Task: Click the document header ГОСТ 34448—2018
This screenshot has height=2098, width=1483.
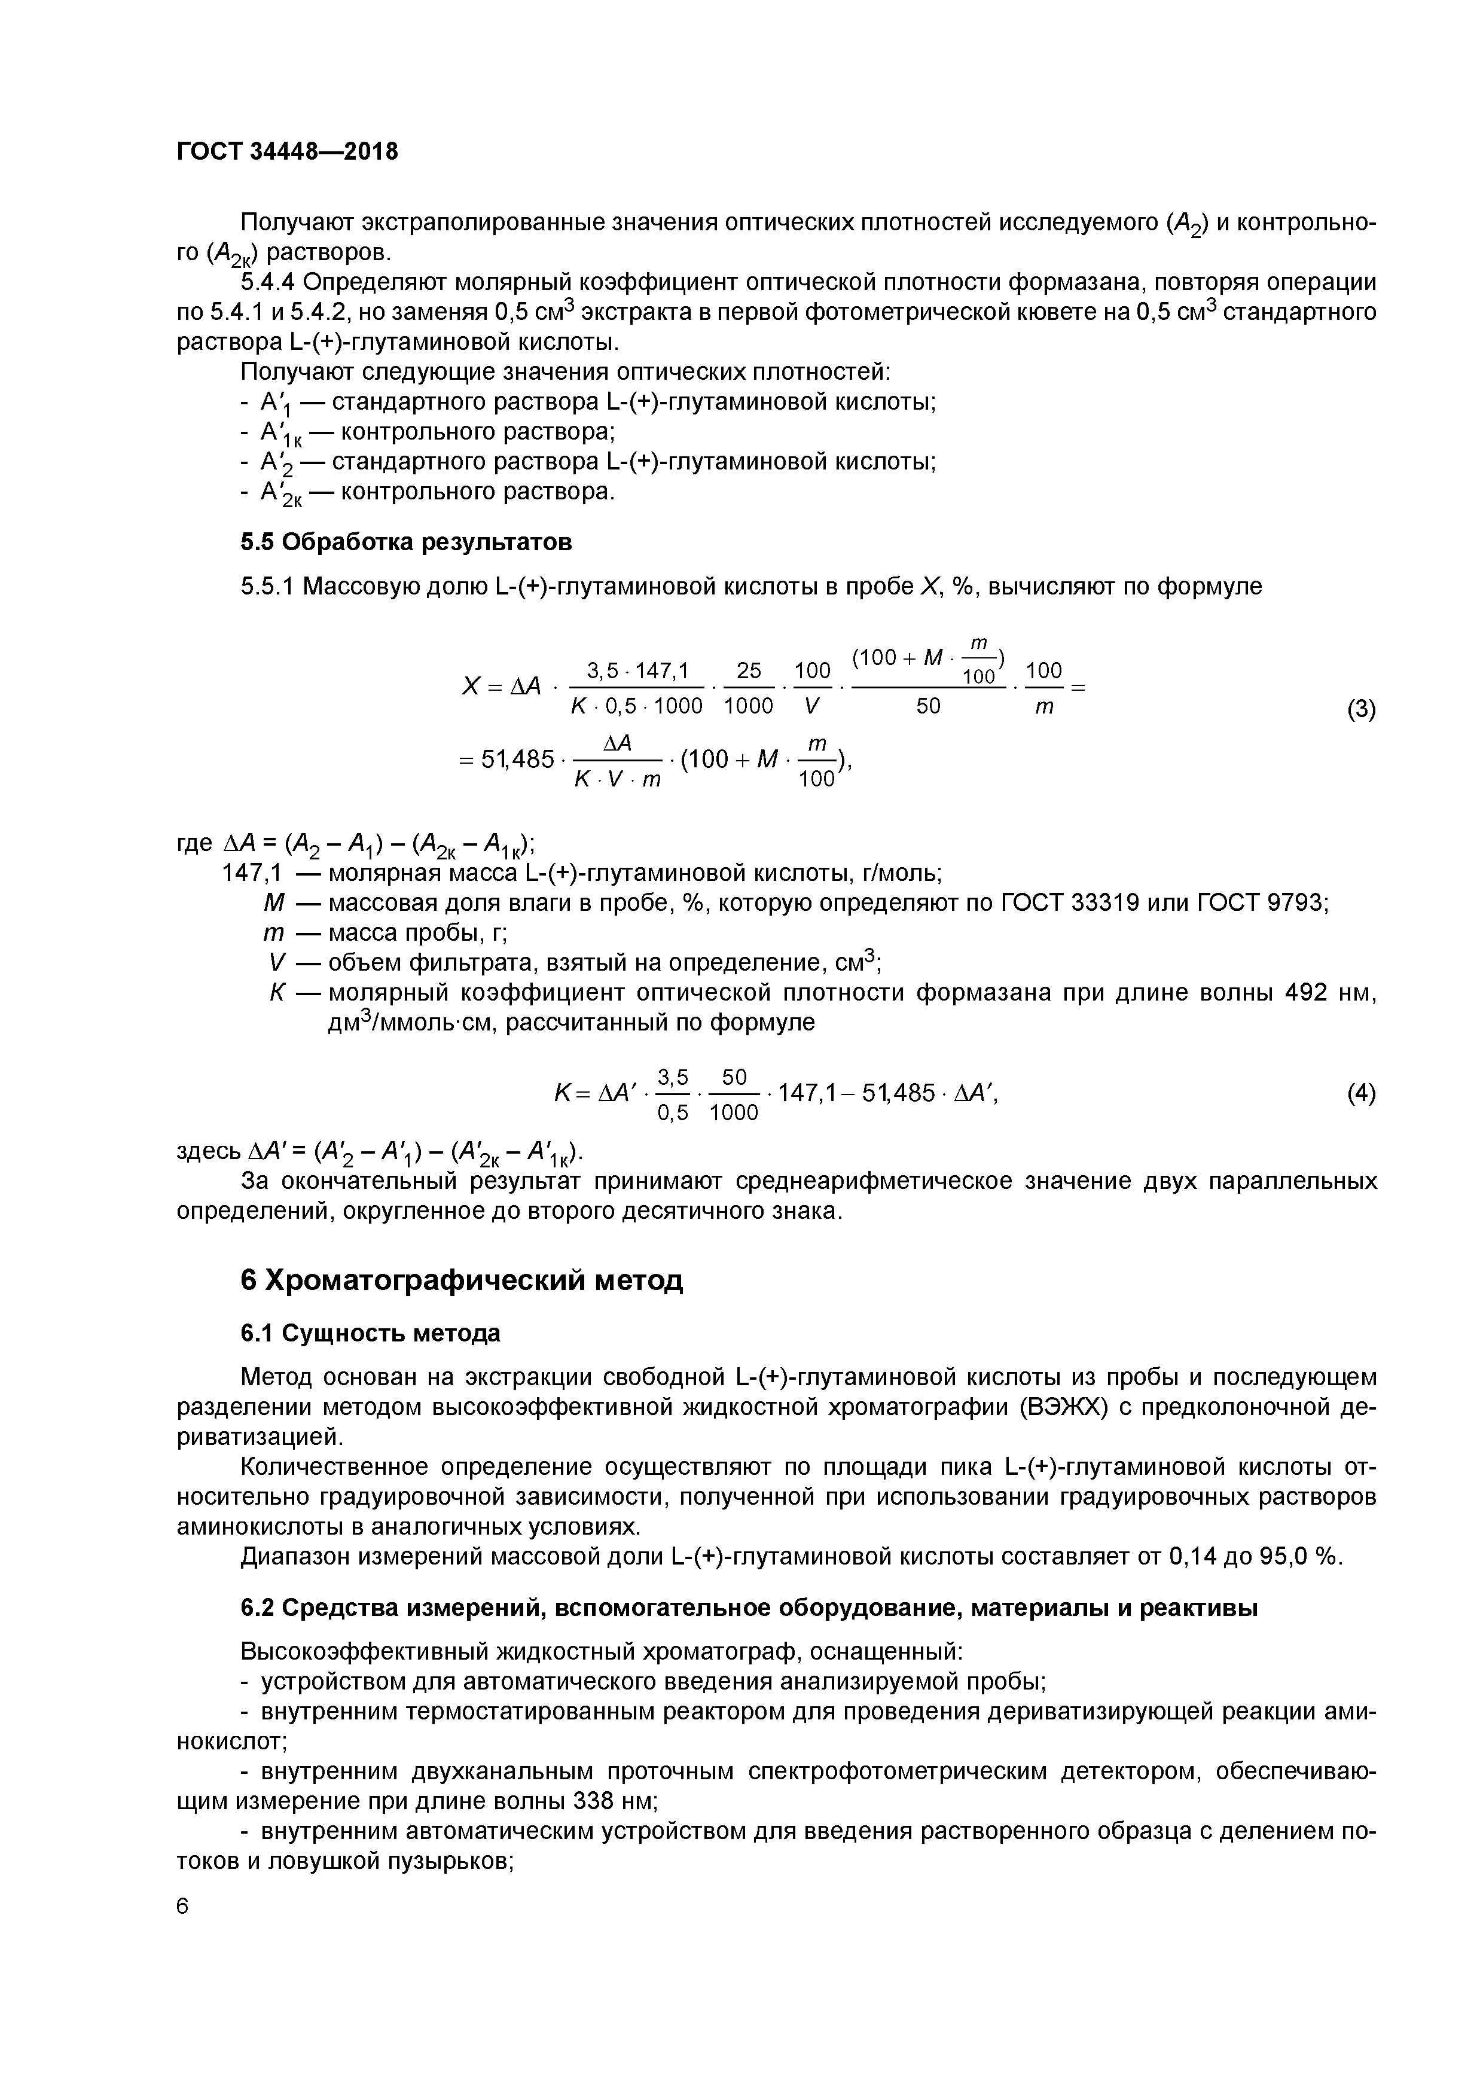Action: click(287, 152)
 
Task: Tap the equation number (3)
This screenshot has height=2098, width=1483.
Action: click(1360, 709)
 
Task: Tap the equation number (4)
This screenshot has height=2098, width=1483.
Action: click(1360, 1093)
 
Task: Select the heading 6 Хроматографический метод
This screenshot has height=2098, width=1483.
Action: click(462, 1280)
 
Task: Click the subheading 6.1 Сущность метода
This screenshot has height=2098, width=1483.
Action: click(370, 1333)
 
